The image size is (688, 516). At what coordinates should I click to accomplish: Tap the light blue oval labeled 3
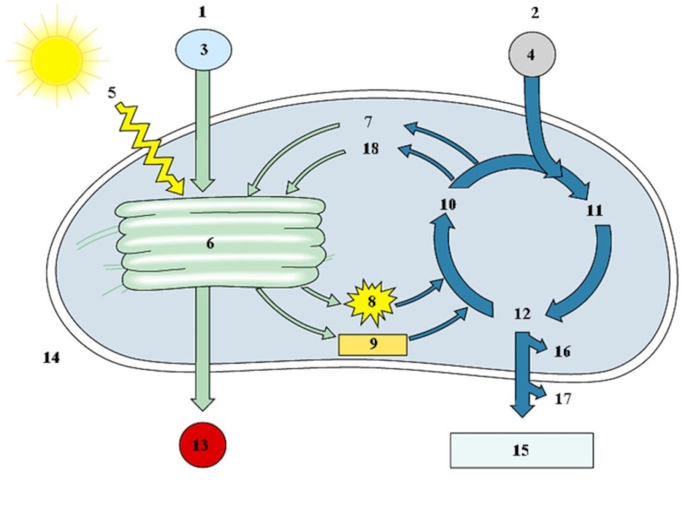[204, 50]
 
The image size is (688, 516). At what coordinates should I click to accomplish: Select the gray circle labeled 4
[531, 53]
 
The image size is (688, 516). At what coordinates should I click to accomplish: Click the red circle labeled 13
[201, 445]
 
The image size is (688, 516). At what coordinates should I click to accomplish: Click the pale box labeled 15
[521, 450]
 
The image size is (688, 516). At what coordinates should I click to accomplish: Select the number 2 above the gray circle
[534, 13]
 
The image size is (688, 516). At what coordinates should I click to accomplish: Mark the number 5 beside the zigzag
[113, 90]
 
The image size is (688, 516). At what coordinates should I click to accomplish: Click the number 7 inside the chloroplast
[367, 120]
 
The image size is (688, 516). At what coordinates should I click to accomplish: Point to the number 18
[370, 150]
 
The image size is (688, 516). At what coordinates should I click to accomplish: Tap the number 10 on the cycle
[447, 205]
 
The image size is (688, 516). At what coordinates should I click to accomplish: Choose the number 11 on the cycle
[593, 210]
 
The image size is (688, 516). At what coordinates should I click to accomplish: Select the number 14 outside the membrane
[51, 357]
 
